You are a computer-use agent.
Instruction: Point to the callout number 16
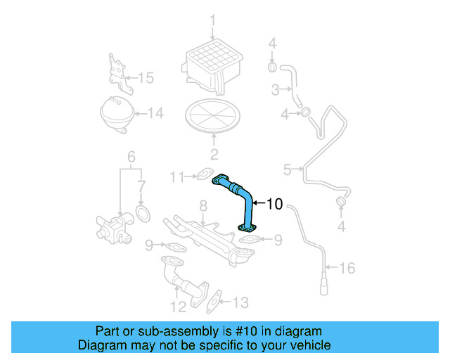pyautogui.click(x=348, y=269)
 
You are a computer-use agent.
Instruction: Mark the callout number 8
pyautogui.click(x=202, y=205)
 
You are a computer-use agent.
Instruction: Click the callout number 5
pyautogui.click(x=287, y=169)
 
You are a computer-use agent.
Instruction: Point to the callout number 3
pyautogui.click(x=276, y=89)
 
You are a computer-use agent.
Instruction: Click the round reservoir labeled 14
pyautogui.click(x=117, y=112)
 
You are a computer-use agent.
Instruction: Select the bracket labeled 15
pyautogui.click(x=119, y=73)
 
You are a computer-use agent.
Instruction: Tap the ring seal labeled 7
pyautogui.click(x=142, y=212)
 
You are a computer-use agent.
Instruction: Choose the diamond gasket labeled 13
pyautogui.click(x=216, y=300)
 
